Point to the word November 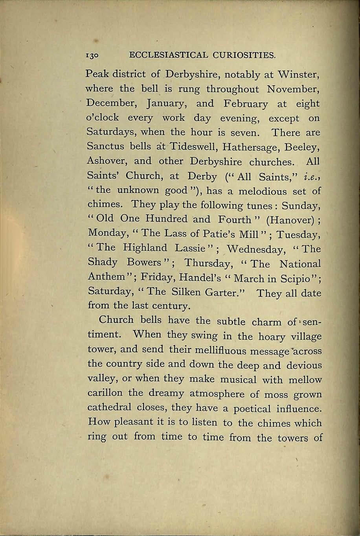click(x=294, y=89)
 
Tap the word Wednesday click(x=256, y=249)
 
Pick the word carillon click(x=106, y=394)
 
